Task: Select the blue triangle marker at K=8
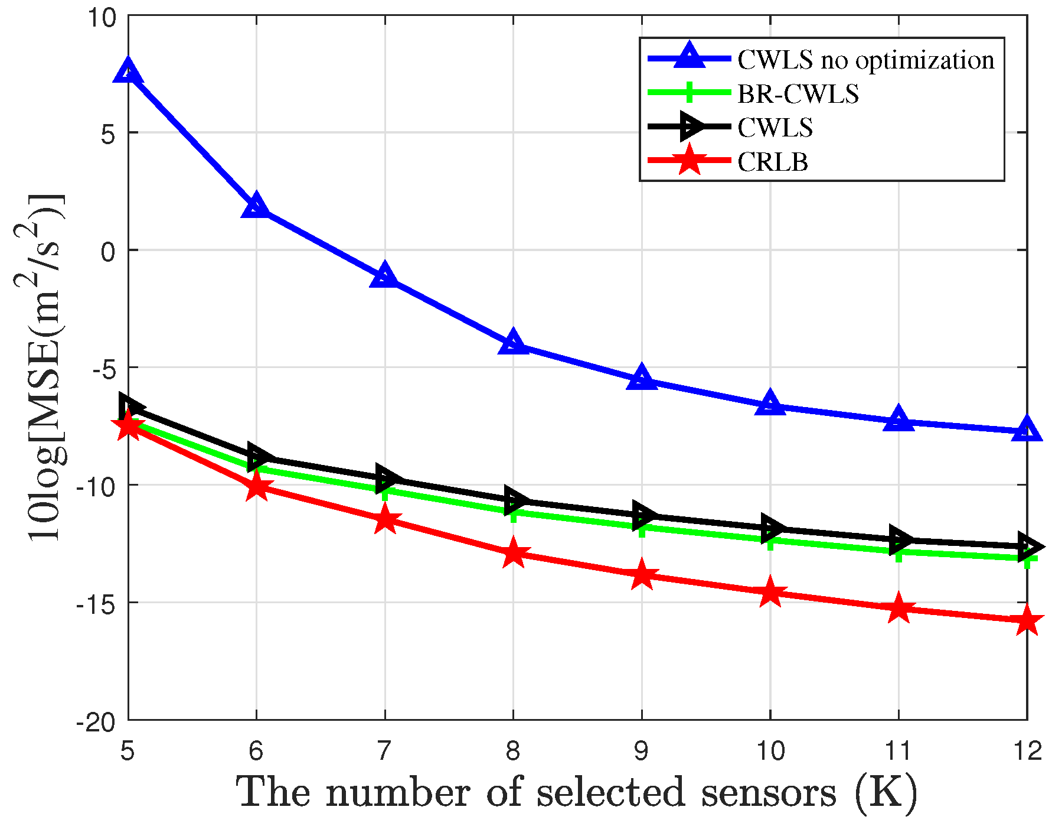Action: tap(513, 343)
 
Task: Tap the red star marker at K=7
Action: tap(385, 520)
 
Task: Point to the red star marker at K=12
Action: tap(1027, 621)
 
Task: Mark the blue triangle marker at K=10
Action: tap(770, 404)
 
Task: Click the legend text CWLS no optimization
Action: tap(865, 60)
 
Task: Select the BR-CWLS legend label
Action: tap(798, 94)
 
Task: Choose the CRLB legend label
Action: tap(772, 162)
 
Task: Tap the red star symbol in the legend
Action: tap(689, 161)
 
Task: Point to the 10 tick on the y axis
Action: tap(103, 18)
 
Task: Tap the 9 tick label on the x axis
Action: tap(642, 751)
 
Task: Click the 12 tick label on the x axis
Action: tap(1027, 751)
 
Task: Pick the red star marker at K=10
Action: tap(770, 593)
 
